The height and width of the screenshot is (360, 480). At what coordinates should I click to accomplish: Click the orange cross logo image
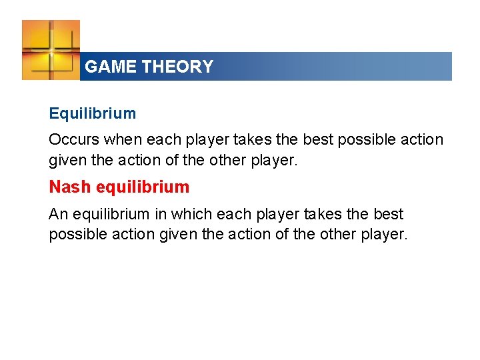click(x=51, y=50)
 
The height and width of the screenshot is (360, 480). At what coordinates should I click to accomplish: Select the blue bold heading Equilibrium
click(x=92, y=113)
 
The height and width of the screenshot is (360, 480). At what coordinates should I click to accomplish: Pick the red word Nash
click(x=71, y=187)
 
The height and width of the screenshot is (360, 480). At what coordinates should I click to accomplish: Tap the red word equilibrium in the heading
click(x=143, y=187)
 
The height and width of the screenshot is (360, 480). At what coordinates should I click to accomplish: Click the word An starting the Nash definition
click(x=57, y=215)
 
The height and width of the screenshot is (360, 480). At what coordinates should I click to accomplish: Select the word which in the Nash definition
click(x=190, y=215)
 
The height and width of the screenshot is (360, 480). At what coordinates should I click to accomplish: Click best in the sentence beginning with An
click(x=389, y=215)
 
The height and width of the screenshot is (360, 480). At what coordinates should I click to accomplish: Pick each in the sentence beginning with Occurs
click(x=161, y=140)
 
